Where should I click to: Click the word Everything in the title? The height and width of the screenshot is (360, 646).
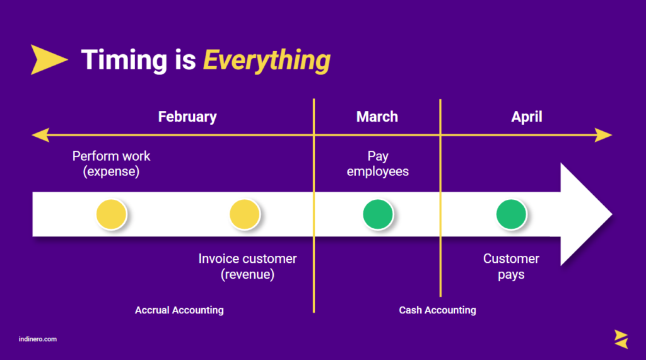coord(267,61)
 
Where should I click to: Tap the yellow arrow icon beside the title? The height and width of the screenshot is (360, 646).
coord(49,60)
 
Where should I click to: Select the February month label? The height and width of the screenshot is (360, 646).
coord(187,117)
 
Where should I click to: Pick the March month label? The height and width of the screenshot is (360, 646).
coord(377,117)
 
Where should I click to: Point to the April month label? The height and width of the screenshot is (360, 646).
coord(527,117)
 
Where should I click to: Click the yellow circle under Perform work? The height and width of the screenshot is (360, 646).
coord(111,214)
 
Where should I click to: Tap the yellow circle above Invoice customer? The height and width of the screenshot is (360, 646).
coord(245,214)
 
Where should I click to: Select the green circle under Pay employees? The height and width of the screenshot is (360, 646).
coord(378,214)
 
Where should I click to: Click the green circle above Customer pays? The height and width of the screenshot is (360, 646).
coord(511,214)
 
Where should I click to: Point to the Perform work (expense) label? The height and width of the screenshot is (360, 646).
coord(111,164)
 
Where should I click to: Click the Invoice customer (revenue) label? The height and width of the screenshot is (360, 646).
coord(247,267)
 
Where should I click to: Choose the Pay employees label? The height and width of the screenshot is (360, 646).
coord(378,164)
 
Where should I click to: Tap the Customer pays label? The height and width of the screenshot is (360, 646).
coord(511,267)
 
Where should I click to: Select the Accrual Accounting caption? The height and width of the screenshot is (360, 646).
coord(179,310)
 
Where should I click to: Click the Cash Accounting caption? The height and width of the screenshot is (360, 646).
coord(438,310)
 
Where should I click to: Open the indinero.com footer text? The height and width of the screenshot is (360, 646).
coord(38,339)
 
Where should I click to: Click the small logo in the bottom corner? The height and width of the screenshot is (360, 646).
coord(621,339)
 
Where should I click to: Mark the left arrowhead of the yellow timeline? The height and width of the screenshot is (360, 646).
coord(41,135)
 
